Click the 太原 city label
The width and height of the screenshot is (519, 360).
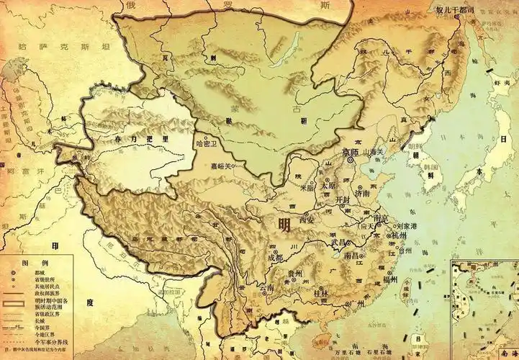coord(328,185)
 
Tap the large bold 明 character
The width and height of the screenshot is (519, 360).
coord(285,225)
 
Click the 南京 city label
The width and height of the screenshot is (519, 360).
coord(382,217)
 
